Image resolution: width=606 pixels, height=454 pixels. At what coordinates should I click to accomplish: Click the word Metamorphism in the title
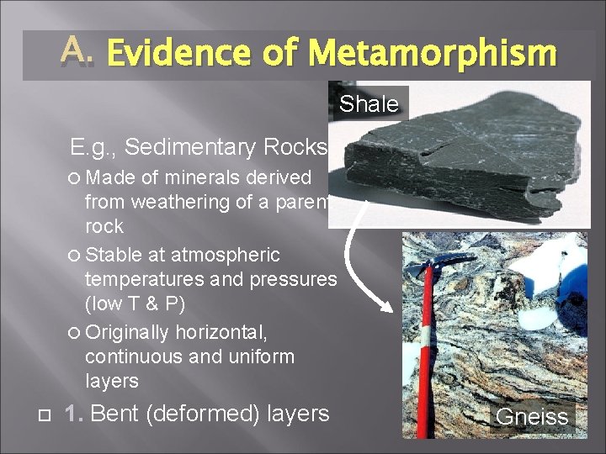432,54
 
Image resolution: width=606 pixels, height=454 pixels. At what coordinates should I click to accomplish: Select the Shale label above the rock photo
369,104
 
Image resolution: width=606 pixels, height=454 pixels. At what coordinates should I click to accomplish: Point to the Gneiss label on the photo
531,416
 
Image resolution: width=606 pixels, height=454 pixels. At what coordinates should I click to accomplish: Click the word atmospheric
223,254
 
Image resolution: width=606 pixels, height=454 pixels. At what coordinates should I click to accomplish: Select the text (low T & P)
136,303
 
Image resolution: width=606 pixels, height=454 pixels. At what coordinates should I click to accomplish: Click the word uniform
256,356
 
